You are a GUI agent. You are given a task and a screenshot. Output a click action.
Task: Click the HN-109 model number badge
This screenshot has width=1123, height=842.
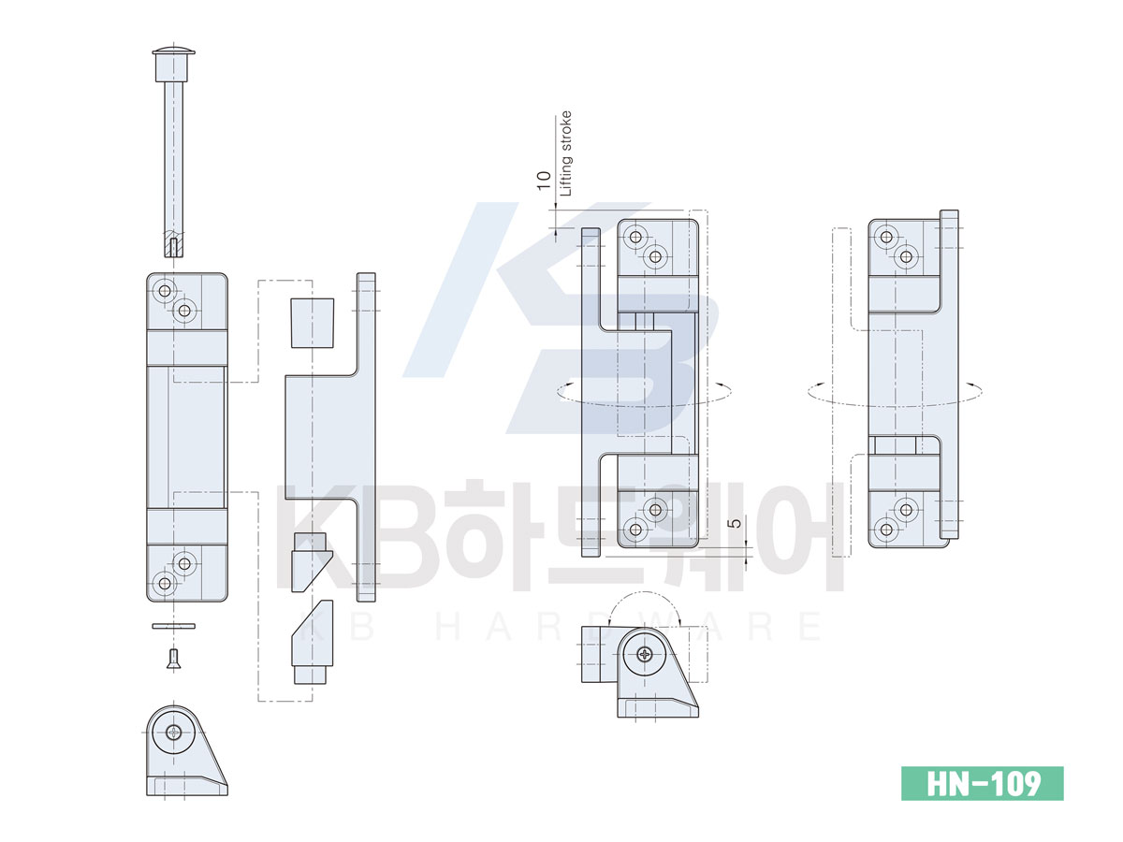(982, 783)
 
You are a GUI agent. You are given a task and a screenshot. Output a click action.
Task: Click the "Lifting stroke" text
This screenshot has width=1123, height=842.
(566, 153)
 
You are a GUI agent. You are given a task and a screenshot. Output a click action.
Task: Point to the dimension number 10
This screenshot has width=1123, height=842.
(544, 181)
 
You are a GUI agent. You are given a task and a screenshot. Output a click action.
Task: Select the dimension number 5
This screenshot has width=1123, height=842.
(736, 523)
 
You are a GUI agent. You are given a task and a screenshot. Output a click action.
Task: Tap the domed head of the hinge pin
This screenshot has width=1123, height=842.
(173, 51)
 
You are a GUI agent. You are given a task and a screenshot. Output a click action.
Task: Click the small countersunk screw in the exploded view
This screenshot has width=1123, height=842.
(174, 659)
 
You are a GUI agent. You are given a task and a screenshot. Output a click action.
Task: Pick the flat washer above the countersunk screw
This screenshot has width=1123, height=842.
(173, 626)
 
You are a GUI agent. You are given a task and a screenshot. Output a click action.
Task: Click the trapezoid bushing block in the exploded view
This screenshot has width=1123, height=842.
(312, 323)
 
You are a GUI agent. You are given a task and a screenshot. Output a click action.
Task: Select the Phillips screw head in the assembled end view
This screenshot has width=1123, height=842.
(645, 654)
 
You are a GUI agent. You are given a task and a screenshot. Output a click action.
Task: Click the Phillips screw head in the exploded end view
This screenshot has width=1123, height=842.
(174, 733)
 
